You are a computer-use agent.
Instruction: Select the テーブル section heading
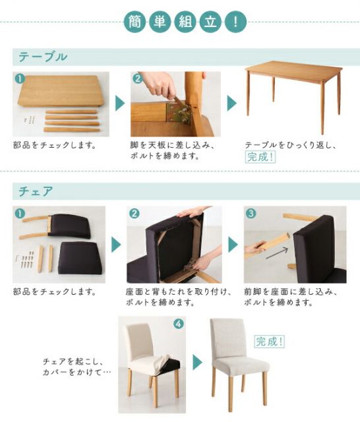click(x=42, y=57)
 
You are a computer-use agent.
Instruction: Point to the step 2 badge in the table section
click(x=137, y=78)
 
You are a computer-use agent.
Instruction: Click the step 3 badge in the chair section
click(x=251, y=214)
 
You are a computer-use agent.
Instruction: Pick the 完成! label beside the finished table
click(x=260, y=158)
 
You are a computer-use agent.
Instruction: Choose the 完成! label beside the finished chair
click(x=269, y=342)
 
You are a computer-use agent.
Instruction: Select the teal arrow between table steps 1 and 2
click(x=120, y=104)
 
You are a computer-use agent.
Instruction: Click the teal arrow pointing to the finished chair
click(x=197, y=362)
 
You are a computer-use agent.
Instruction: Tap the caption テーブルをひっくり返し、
click(x=290, y=144)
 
